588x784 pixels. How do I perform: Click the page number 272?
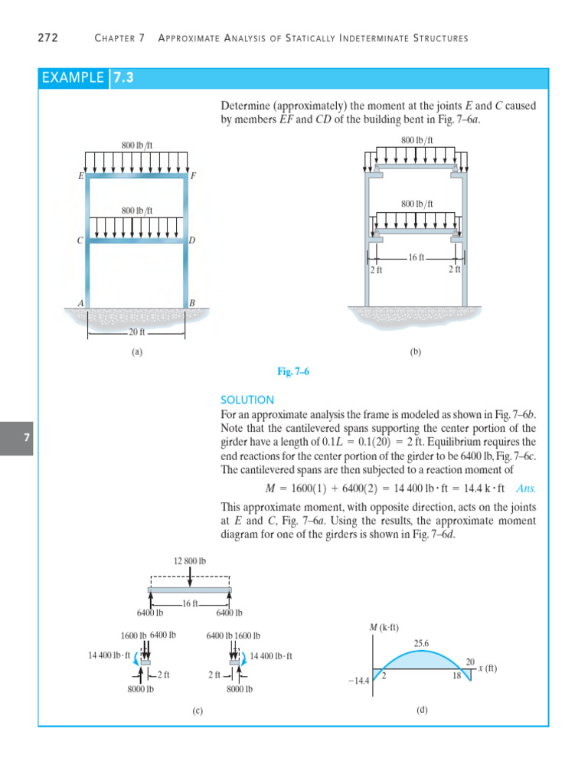click(47, 38)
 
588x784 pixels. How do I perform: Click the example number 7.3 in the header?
click(122, 77)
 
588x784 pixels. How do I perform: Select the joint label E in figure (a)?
click(80, 176)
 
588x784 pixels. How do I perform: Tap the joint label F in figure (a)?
click(193, 176)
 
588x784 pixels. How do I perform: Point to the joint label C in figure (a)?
click(79, 240)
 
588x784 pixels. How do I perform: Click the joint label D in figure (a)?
click(192, 240)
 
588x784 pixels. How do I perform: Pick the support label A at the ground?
click(80, 303)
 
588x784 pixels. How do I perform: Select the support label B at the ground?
click(192, 303)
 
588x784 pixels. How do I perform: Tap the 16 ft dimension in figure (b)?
click(416, 258)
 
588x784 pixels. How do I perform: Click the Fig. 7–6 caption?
click(293, 371)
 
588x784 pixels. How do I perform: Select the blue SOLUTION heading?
click(247, 400)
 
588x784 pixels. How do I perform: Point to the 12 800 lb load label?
click(190, 561)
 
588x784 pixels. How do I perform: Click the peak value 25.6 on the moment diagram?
click(421, 644)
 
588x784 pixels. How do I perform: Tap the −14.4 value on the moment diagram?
click(358, 680)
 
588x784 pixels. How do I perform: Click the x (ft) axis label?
click(487, 668)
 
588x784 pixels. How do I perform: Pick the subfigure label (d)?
click(422, 710)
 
